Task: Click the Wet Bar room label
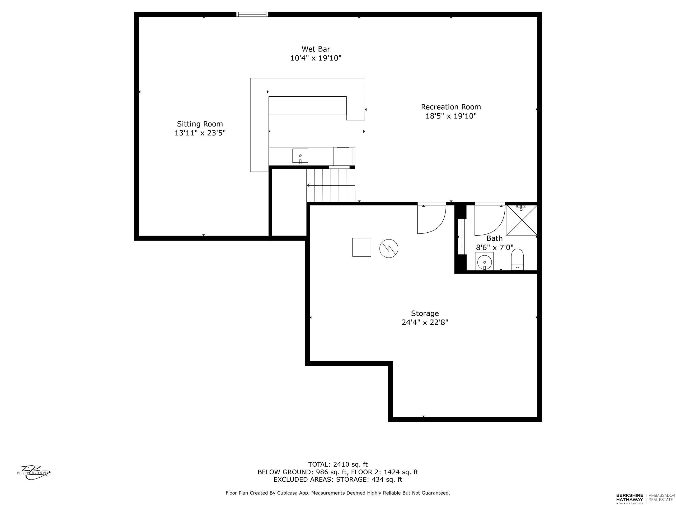pyautogui.click(x=316, y=49)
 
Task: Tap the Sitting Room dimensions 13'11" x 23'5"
pyautogui.click(x=200, y=133)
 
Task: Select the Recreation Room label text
pyautogui.click(x=451, y=107)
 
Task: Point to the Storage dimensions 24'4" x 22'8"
pyautogui.click(x=425, y=322)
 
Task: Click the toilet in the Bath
pyautogui.click(x=517, y=260)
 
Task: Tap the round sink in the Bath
pyautogui.click(x=484, y=262)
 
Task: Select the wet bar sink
pyautogui.click(x=300, y=156)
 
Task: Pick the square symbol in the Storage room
pyautogui.click(x=362, y=247)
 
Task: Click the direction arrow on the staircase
pyautogui.click(x=309, y=185)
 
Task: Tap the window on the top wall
pyautogui.click(x=252, y=14)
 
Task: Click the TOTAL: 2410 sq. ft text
pyautogui.click(x=338, y=464)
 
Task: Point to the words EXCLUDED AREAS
pyautogui.click(x=303, y=480)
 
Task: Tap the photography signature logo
pyautogui.click(x=34, y=472)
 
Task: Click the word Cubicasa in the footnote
pyautogui.click(x=287, y=493)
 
